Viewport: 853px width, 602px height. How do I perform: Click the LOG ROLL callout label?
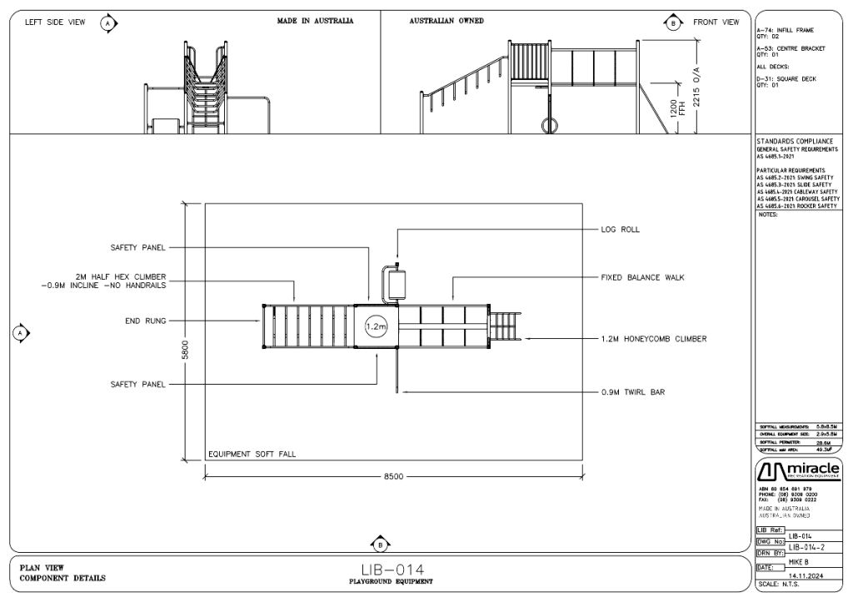click(x=620, y=229)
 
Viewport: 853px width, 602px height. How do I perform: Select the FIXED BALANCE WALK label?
click(x=642, y=277)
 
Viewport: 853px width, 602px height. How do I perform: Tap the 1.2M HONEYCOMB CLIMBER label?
click(x=654, y=339)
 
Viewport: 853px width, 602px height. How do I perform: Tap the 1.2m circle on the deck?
click(x=374, y=327)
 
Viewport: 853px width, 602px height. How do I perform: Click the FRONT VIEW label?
click(x=716, y=22)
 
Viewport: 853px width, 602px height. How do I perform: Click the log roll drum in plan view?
click(x=396, y=285)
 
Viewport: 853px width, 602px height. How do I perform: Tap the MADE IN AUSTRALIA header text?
click(x=315, y=21)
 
